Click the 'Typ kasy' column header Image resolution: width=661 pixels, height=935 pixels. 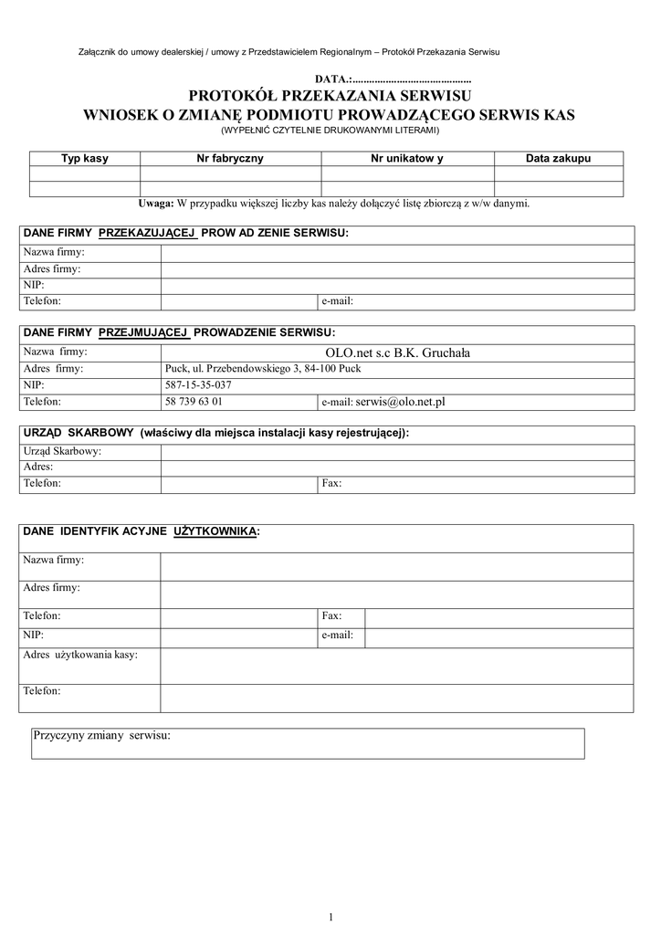84,159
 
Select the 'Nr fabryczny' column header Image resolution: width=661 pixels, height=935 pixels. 230,159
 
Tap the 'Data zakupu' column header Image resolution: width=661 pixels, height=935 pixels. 558,159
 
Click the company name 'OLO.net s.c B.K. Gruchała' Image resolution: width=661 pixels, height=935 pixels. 397,352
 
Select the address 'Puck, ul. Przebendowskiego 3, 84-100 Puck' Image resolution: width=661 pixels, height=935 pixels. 262,369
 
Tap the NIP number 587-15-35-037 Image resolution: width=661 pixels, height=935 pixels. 198,385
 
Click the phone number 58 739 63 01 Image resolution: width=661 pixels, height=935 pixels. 194,402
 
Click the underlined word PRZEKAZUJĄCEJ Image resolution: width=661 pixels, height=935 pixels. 148,234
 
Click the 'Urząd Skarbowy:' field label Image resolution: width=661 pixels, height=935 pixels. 62,452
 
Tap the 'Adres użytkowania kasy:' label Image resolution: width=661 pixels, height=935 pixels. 80,655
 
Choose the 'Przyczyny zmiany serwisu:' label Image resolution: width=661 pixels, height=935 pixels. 102,735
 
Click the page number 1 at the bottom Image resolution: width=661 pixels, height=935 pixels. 330,917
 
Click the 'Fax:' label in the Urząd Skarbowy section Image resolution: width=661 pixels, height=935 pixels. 331,483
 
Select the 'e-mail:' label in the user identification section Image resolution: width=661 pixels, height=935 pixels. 337,634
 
